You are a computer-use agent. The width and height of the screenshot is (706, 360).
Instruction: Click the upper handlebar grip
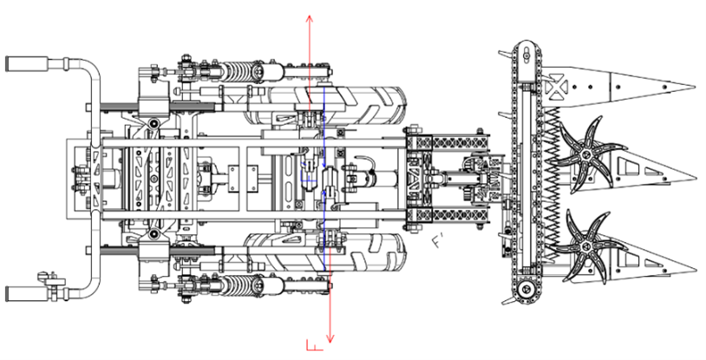(x=20, y=64)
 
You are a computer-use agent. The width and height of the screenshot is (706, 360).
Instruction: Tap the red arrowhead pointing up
(x=310, y=18)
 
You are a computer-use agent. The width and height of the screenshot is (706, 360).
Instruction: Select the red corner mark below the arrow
(x=313, y=346)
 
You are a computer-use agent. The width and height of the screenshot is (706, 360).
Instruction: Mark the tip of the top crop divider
(x=694, y=88)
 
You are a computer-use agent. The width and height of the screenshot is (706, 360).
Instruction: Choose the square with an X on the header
(x=556, y=87)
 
